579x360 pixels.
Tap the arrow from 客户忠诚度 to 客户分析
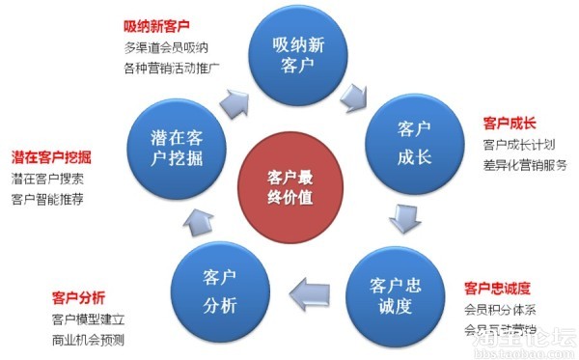(311, 289)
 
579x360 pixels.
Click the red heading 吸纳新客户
(156, 25)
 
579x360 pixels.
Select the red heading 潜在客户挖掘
(51, 155)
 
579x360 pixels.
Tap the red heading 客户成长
(510, 124)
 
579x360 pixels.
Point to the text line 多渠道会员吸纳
(167, 47)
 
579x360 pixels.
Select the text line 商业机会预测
(89, 340)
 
